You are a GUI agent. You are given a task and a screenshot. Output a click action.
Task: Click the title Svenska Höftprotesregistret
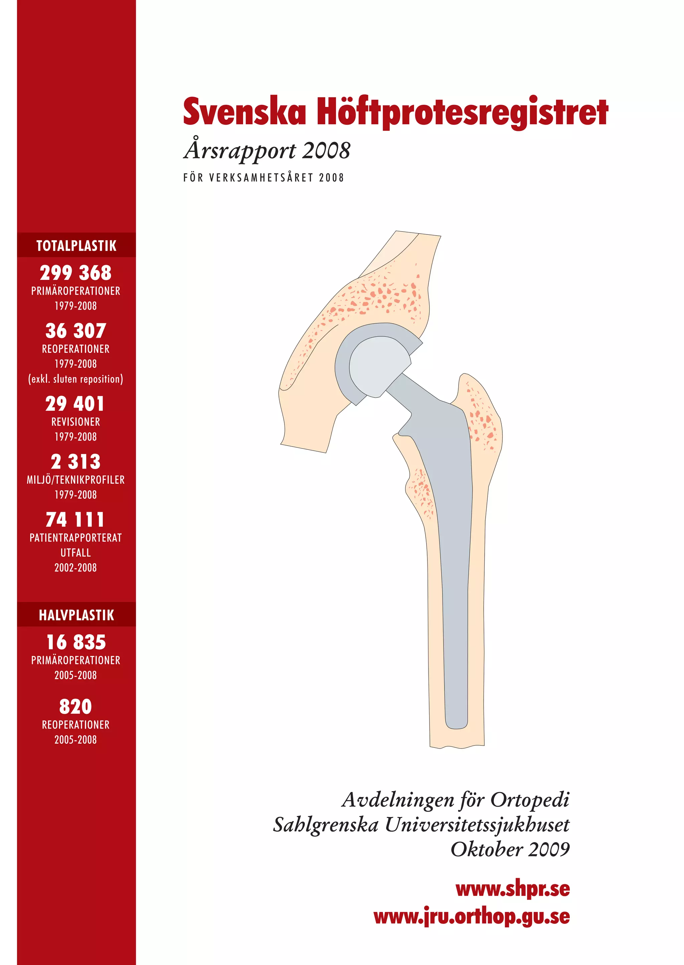[395, 112]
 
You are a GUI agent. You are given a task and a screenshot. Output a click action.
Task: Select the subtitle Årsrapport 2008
[267, 151]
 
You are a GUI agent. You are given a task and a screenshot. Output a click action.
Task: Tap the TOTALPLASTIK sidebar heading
[76, 246]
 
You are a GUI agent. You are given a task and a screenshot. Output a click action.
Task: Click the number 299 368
[76, 273]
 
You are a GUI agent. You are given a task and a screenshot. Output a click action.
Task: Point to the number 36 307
[76, 331]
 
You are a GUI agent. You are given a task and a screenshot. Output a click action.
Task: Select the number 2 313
[76, 462]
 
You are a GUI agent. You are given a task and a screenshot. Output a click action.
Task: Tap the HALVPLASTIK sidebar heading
[76, 615]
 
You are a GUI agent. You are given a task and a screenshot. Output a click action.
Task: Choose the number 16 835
[76, 642]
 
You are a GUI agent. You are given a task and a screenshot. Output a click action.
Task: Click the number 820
[75, 707]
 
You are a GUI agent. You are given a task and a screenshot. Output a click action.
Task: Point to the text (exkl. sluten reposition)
[76, 379]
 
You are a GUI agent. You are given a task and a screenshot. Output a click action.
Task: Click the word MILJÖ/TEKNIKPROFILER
[76, 480]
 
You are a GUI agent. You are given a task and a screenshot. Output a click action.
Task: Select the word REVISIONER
[76, 422]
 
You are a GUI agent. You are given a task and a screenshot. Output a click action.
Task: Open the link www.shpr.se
[513, 889]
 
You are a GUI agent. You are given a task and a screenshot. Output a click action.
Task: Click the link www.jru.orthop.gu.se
[471, 917]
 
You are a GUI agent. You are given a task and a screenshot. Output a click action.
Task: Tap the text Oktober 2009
[510, 849]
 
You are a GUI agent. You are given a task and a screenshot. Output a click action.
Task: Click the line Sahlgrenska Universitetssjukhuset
[421, 825]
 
